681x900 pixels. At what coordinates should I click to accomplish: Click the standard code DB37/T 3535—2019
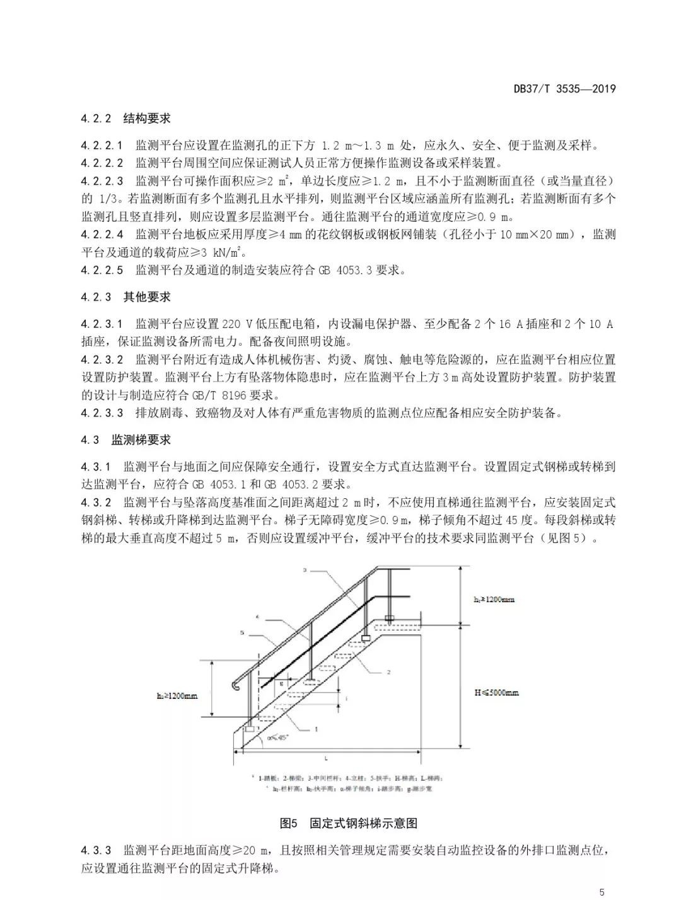pos(564,89)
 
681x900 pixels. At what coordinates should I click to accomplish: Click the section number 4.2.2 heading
pos(96,119)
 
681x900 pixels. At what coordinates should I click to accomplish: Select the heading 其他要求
pos(147,297)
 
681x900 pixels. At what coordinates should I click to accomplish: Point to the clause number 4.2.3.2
pos(103,360)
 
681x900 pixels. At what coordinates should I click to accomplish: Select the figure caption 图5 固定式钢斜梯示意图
pos(348,823)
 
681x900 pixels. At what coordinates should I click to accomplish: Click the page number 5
pos(602,891)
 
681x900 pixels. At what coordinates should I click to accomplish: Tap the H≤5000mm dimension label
pos(497,693)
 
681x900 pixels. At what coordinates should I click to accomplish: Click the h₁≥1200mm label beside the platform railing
pos(494,599)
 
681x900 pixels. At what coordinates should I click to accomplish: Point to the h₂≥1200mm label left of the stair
pos(177,696)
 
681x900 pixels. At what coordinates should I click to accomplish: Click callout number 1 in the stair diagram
pos(315,728)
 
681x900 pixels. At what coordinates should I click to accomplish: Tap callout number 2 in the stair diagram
pos(389,672)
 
